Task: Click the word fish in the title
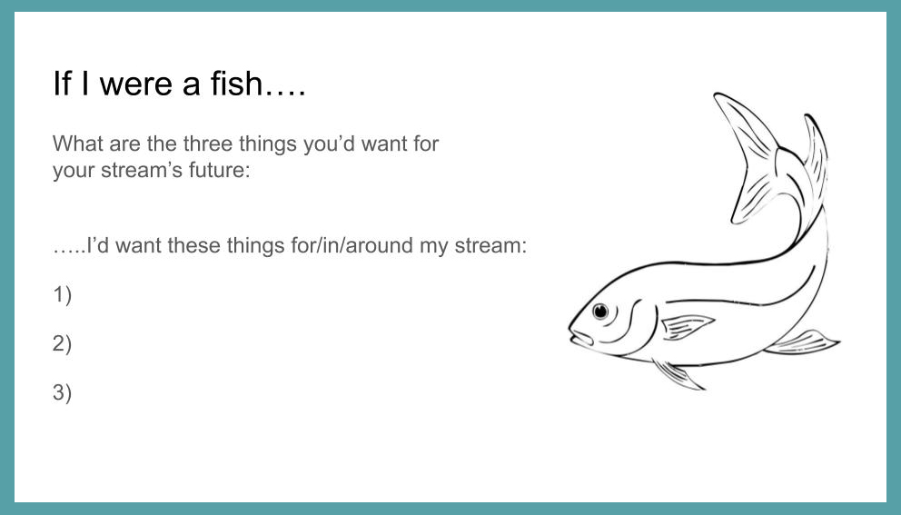(x=236, y=84)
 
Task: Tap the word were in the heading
(x=135, y=84)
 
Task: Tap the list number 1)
(x=62, y=295)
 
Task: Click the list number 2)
(x=62, y=343)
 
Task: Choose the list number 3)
(x=62, y=392)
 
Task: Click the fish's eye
(x=600, y=311)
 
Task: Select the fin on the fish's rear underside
(x=802, y=342)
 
